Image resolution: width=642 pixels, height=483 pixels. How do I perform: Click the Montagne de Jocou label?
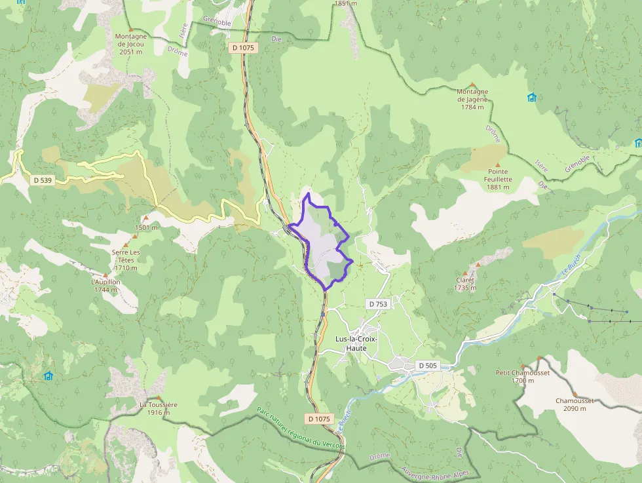130,44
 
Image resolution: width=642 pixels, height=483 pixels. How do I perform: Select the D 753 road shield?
378,304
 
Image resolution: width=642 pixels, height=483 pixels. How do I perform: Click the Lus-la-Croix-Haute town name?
360,343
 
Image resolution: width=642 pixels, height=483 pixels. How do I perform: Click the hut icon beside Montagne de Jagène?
531,98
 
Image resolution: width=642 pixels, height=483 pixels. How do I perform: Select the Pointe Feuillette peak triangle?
497,165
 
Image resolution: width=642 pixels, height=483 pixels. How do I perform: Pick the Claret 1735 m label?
465,284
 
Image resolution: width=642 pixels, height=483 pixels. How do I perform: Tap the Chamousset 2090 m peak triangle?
575,393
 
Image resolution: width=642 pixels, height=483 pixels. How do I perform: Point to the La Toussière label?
158,408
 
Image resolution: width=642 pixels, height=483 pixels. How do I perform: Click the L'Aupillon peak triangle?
105,275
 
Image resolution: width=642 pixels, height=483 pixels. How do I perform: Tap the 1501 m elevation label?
146,227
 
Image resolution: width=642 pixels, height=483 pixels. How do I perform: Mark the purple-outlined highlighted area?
321,242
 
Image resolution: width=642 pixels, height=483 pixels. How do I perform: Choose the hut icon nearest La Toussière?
48,376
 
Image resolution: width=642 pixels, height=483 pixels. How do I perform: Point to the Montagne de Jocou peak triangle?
130,29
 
